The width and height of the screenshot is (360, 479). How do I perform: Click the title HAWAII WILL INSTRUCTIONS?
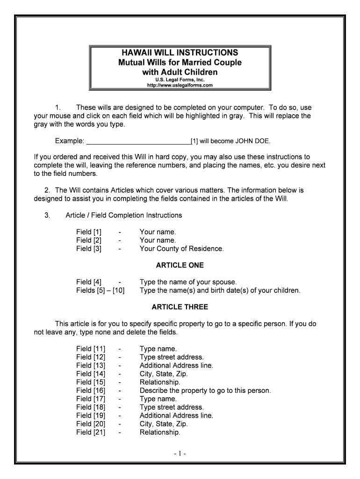180,52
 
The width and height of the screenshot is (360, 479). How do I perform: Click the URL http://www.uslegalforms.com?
180,85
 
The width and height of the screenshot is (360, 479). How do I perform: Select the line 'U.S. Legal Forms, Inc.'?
180,80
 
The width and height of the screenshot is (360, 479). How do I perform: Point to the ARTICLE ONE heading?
180,265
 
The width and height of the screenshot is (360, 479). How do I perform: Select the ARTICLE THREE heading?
180,307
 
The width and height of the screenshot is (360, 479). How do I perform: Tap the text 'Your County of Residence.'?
181,249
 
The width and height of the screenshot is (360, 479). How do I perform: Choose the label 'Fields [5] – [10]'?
101,290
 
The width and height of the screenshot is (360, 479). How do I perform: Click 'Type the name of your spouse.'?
188,282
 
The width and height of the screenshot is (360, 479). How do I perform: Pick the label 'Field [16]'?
91,391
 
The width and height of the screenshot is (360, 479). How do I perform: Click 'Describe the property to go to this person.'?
205,391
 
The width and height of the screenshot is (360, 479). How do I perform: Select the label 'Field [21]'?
91,432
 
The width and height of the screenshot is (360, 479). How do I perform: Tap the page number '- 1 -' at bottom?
180,454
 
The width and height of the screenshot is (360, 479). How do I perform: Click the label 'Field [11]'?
91,349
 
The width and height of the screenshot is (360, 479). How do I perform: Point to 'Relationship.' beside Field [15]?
160,382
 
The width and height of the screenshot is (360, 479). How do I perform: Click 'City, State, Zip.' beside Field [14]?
164,374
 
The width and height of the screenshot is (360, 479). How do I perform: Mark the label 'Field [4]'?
89,282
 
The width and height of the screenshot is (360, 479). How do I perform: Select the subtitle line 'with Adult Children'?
180,72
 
